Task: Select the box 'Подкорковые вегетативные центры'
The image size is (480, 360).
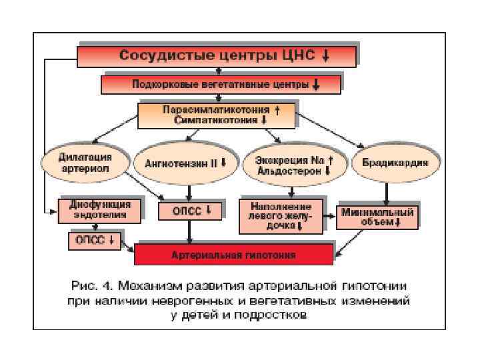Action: coord(221,85)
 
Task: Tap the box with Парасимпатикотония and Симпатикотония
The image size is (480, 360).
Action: coord(216,115)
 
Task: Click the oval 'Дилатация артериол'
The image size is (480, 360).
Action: coord(85,163)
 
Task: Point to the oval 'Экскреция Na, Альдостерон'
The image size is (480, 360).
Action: coord(294,163)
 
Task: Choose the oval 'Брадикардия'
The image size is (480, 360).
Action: coord(390,163)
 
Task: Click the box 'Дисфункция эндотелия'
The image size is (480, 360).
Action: coord(99,210)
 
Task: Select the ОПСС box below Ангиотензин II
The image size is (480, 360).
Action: coord(190,211)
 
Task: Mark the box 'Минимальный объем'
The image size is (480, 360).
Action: coord(377,216)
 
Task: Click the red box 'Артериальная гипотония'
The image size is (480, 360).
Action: coord(233,255)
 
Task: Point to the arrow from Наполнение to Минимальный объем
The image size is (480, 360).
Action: coord(330,216)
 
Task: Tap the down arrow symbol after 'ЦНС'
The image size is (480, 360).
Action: coord(325,56)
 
